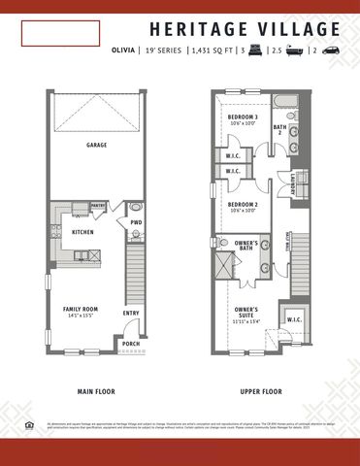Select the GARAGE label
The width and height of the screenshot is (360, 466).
95,145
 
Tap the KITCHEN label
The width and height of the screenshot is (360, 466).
82,233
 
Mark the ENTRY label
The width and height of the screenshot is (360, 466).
131,313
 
